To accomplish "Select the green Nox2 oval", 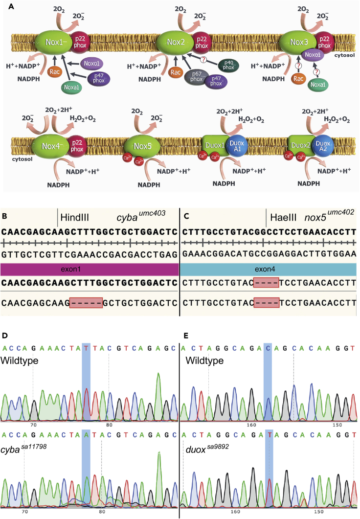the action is pyautogui.click(x=176, y=43).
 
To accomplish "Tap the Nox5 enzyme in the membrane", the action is pyautogui.click(x=143, y=146).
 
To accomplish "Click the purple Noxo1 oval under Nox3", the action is pyautogui.click(x=313, y=55).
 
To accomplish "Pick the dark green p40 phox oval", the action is pyautogui.click(x=228, y=65).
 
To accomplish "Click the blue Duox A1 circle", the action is pyautogui.click(x=237, y=146).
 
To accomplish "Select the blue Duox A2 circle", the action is pyautogui.click(x=322, y=146).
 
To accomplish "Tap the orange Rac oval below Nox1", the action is pyautogui.click(x=55, y=71).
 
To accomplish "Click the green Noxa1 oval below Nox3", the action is pyautogui.click(x=317, y=85).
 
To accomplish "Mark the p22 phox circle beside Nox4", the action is pyautogui.click(x=77, y=146).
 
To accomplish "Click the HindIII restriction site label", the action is pyautogui.click(x=75, y=218).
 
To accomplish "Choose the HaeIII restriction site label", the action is pyautogui.click(x=283, y=218).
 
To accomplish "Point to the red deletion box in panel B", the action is pyautogui.click(x=86, y=302).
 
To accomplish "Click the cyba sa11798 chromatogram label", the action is pyautogui.click(x=23, y=449).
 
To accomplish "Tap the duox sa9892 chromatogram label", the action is pyautogui.click(x=207, y=449).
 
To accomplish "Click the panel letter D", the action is pyautogui.click(x=4, y=336).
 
